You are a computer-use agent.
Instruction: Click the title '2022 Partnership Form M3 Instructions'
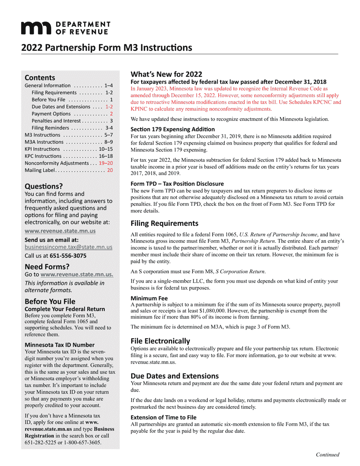tap(106, 48)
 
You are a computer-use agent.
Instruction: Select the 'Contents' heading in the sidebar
tap(40, 78)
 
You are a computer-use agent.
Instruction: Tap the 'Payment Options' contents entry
tap(51, 114)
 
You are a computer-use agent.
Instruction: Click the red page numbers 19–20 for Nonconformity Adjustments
tap(106, 163)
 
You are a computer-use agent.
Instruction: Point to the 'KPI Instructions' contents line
tap(42, 149)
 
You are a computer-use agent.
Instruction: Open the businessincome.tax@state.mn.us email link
tap(69, 247)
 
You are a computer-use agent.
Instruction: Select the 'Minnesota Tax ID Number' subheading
tap(59, 345)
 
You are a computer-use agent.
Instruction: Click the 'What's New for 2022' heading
tap(166, 74)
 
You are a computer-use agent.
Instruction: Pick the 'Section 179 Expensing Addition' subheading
tap(172, 129)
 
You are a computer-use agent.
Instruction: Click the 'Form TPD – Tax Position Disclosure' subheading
tap(177, 184)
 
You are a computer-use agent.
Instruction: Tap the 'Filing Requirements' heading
tap(164, 223)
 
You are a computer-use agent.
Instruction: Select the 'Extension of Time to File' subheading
tap(163, 418)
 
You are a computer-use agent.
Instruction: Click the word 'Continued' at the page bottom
tap(328, 455)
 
